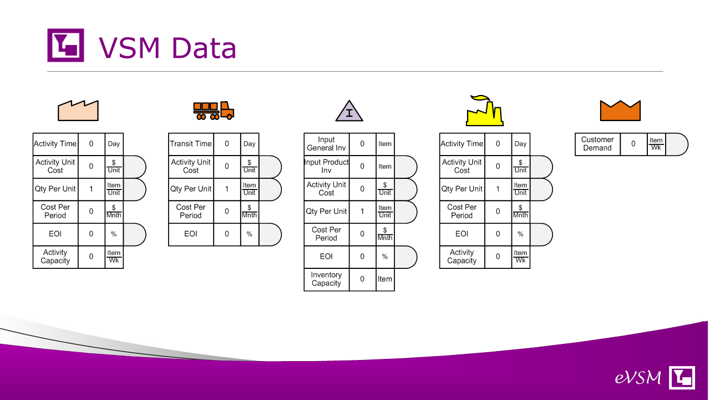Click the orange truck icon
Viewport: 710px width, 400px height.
(214, 111)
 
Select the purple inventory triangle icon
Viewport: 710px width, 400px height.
(349, 111)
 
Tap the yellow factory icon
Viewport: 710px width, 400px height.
(485, 111)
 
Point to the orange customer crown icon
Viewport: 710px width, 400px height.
(620, 111)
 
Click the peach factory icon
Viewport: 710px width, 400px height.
(78, 111)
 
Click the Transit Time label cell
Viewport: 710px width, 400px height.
(191, 144)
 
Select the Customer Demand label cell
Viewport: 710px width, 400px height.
(597, 144)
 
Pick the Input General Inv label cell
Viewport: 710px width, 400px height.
(327, 144)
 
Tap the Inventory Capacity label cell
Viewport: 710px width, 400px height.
(327, 279)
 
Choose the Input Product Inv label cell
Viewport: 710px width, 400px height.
(327, 167)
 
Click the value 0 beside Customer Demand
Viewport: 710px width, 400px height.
(633, 144)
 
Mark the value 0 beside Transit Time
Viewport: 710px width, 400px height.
(227, 144)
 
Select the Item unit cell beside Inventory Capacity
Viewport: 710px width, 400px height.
(385, 279)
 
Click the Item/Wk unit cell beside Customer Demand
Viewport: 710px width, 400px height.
(656, 144)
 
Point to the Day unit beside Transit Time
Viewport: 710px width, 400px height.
(250, 144)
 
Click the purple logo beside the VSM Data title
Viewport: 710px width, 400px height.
(65, 45)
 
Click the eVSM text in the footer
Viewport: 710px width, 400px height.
(638, 378)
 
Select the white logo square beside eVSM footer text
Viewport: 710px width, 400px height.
(682, 377)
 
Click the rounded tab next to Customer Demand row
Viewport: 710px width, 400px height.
(677, 144)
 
